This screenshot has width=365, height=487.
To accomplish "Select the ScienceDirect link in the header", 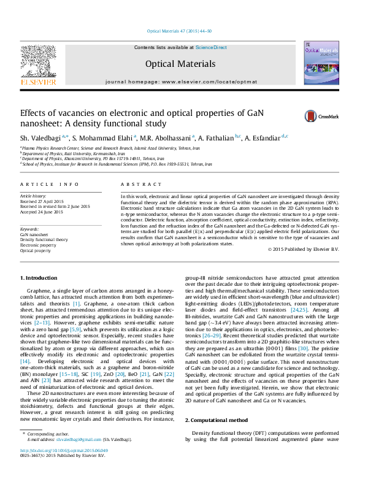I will tap(211, 47).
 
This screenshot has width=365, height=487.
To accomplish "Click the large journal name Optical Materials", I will tap(180, 64).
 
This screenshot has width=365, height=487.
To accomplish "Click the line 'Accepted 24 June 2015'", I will tap(42, 212).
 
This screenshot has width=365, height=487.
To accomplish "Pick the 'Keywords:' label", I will tap(30, 229).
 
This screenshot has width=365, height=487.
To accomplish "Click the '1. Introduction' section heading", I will tap(41, 279).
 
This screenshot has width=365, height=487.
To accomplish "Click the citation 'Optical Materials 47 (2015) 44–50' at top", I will tap(180, 31).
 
